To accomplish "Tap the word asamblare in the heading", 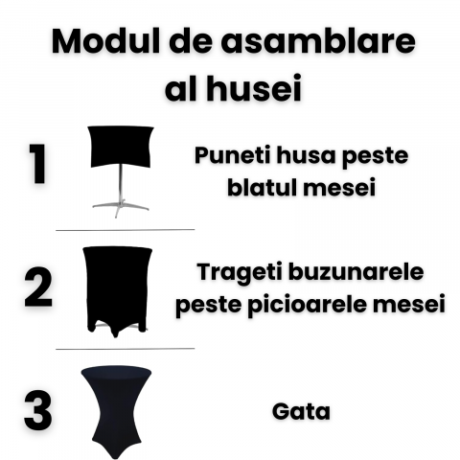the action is [318, 41].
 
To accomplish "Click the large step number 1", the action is [37, 164].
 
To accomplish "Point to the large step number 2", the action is [38, 287].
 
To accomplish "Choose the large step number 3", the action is [38, 410].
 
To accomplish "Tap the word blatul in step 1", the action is [263, 187].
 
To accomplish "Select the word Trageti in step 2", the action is [241, 273].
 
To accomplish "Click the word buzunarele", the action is [356, 271].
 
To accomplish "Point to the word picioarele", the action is [308, 304].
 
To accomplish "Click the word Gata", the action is [301, 411].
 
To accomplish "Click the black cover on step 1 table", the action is [121, 147].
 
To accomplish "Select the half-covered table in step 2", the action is [117, 291].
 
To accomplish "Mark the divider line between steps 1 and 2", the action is [126, 230].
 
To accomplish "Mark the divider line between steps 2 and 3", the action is [126, 349].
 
